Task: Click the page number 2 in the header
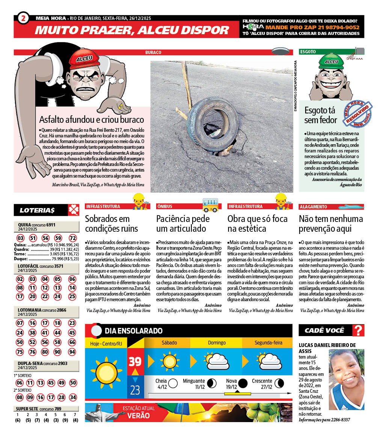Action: pyautogui.click(x=23, y=18)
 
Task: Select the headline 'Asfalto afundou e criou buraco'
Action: pyautogui.click(x=92, y=120)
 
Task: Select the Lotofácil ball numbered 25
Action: pyautogui.click(x=72, y=296)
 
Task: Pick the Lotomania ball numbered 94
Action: pyautogui.click(x=72, y=352)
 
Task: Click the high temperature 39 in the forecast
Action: pyautogui.click(x=135, y=362)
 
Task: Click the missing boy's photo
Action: pyautogui.click(x=346, y=379)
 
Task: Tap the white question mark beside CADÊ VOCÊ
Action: pyautogui.click(x=359, y=330)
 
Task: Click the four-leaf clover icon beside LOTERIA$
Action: pyautogui.click(x=74, y=210)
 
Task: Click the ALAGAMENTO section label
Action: pyautogui.click(x=313, y=207)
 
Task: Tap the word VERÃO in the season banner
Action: pyautogui.click(x=139, y=416)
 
